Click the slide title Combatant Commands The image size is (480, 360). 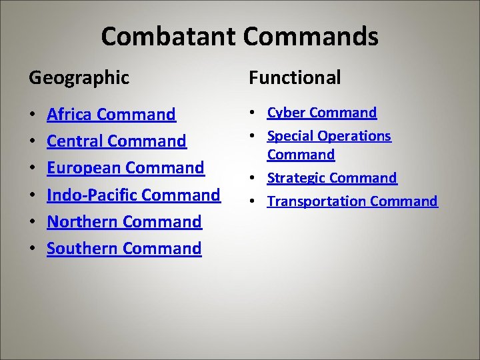tap(239, 36)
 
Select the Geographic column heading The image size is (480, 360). tap(79, 77)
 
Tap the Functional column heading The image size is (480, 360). tap(295, 77)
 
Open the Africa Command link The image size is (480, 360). tap(111, 115)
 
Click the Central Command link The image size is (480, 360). tap(117, 141)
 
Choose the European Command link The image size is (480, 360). tap(125, 168)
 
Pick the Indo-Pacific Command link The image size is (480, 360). tap(133, 195)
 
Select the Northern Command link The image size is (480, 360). tap(124, 221)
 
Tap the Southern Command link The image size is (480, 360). tap(124, 248)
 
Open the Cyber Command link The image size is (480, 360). tap(322, 113)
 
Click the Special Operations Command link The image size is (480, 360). tap(329, 145)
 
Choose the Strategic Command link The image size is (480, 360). tap(332, 178)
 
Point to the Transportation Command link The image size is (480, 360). tap(353, 201)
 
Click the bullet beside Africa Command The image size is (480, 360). tap(33, 115)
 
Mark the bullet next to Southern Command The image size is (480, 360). tap(33, 249)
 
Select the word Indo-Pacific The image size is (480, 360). tap(92, 195)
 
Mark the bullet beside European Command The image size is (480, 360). tap(33, 169)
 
